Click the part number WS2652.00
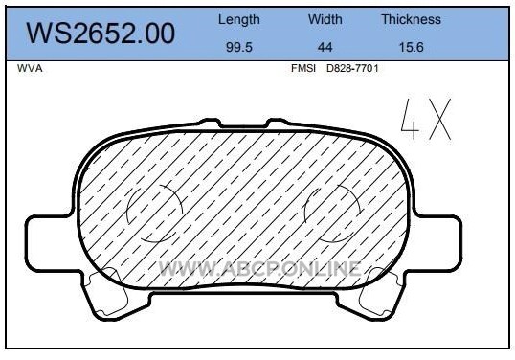point(101,33)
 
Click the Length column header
point(239,20)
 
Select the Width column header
point(325,19)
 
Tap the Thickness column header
point(411,19)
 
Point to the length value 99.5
point(239,47)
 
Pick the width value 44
point(325,47)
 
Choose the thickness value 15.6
point(412,47)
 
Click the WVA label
point(30,68)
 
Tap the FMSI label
point(303,68)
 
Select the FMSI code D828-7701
point(352,68)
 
